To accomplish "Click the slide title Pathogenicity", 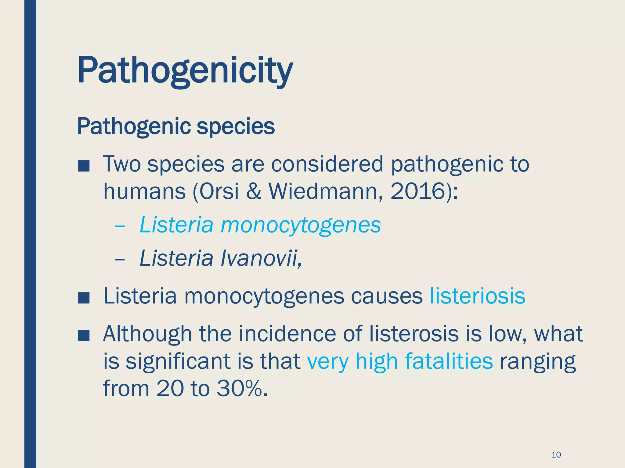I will point(185,71).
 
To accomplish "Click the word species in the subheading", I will point(236,126).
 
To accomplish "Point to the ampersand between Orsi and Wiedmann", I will point(254,191).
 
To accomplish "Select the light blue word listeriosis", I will point(478,296).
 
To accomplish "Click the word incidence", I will point(287,334).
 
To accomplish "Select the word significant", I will point(178,361).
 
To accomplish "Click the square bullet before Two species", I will point(84,166).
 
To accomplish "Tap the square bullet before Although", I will point(84,336).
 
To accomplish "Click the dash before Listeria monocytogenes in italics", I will point(120,226).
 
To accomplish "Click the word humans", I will point(144,191).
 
